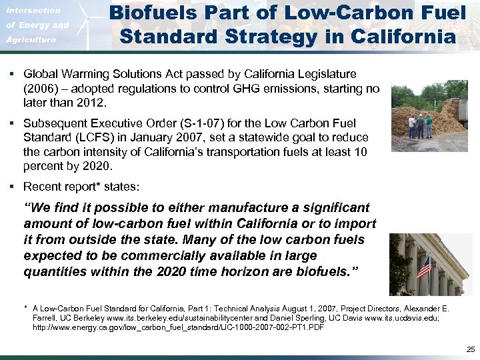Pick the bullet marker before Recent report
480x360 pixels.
pos(13,187)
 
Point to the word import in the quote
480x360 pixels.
pos(359,224)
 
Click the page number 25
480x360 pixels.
pos(471,349)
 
